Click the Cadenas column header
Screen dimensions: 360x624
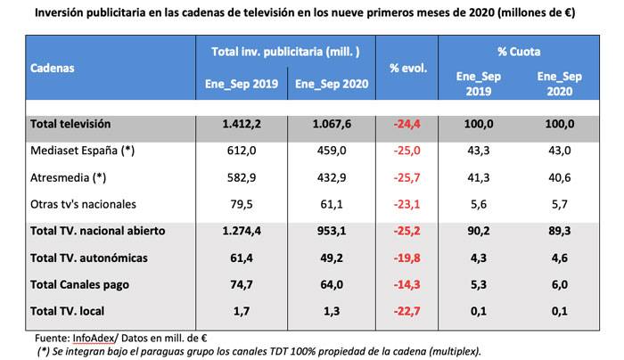tap(52, 68)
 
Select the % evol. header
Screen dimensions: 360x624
tap(409, 68)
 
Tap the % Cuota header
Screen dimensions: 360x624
tap(519, 52)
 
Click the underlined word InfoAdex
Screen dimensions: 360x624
tap(92, 339)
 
